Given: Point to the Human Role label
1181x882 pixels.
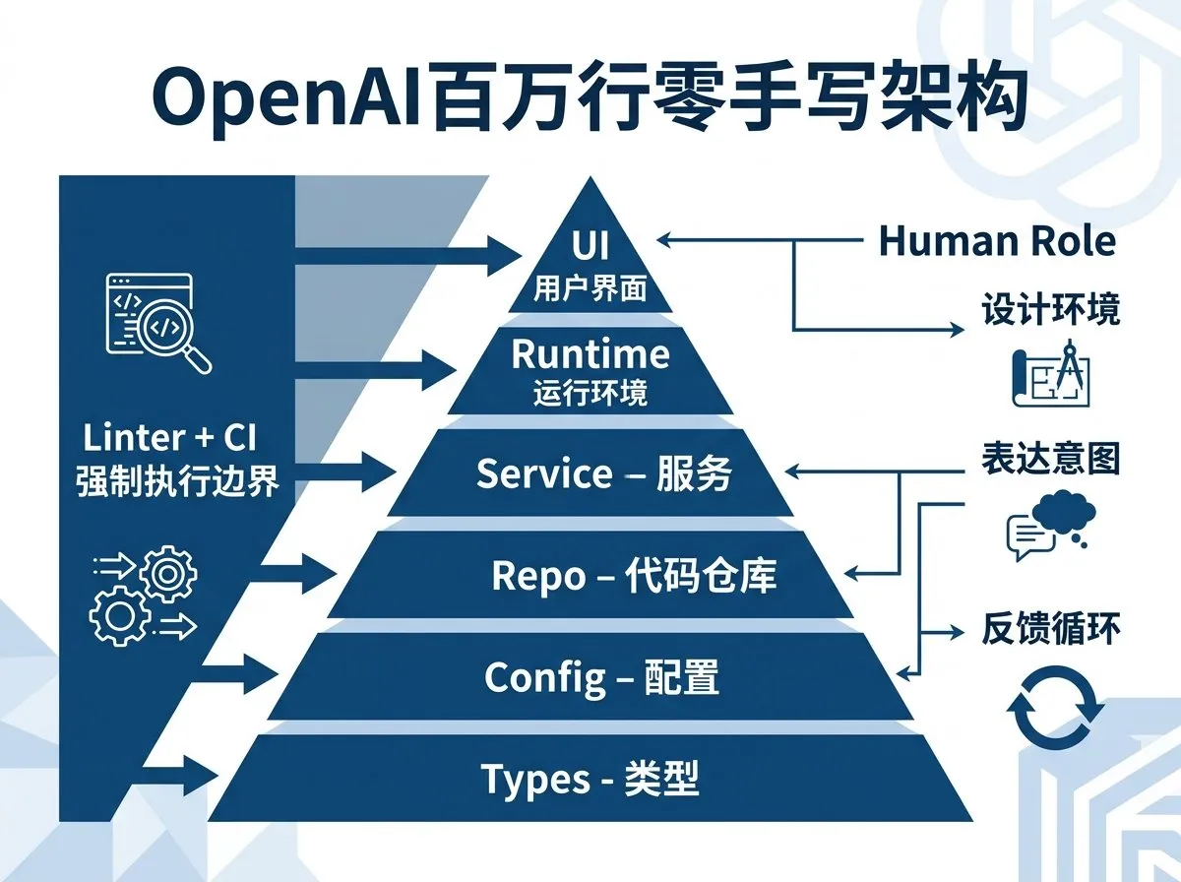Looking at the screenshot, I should pyautogui.click(x=997, y=240).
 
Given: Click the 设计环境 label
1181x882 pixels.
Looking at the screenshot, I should pyautogui.click(x=1050, y=311).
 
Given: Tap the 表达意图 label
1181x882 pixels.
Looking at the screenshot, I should pyautogui.click(x=1050, y=459).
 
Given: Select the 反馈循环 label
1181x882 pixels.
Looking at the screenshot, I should pyautogui.click(x=1050, y=628).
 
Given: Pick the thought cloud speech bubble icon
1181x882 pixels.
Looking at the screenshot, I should pyautogui.click(x=1049, y=526).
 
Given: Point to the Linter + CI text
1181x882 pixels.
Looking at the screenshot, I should pyautogui.click(x=169, y=439).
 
